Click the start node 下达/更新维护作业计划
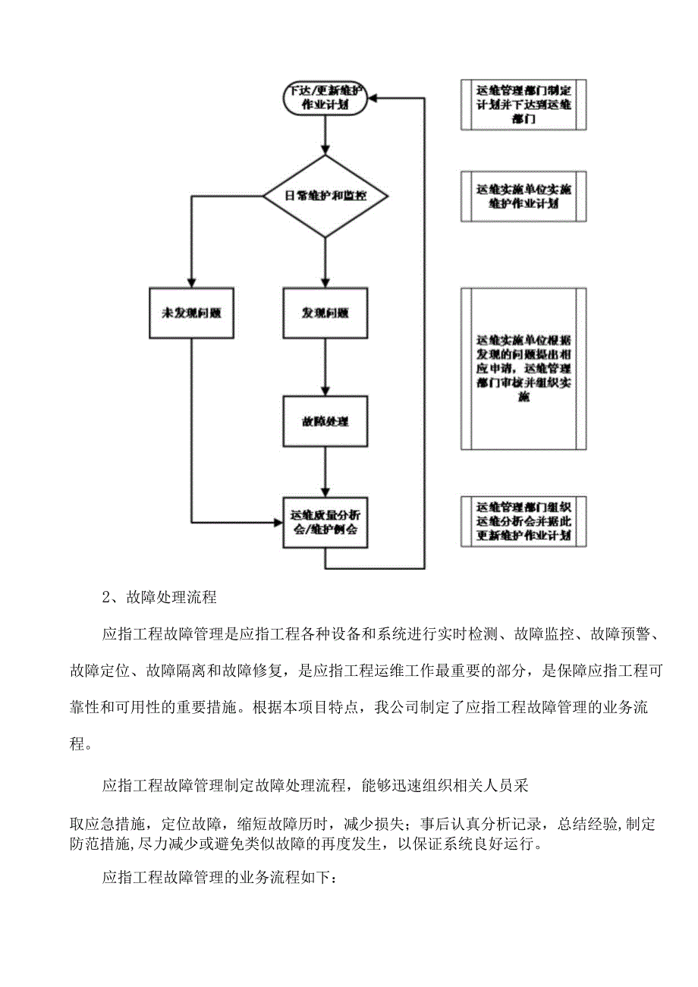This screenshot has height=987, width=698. (x=325, y=98)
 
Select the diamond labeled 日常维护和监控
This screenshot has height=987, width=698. (x=325, y=196)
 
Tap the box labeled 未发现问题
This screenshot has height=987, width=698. (x=192, y=313)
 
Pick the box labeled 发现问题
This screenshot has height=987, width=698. (x=325, y=313)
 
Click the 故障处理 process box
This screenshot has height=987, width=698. (x=325, y=420)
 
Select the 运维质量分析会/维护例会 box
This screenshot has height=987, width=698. (x=325, y=523)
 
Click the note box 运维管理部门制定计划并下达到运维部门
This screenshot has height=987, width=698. (x=523, y=105)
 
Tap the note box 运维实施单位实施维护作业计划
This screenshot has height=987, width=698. (x=523, y=196)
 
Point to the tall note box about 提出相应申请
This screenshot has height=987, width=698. (x=523, y=368)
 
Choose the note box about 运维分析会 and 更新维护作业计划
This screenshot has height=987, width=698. (x=523, y=521)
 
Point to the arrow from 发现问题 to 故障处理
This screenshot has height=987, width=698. (x=325, y=367)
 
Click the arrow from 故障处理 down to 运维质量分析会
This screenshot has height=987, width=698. (x=325, y=471)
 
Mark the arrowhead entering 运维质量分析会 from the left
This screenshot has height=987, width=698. (x=278, y=522)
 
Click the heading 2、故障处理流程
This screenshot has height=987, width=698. (x=159, y=597)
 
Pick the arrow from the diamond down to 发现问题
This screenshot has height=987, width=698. (x=325, y=262)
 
